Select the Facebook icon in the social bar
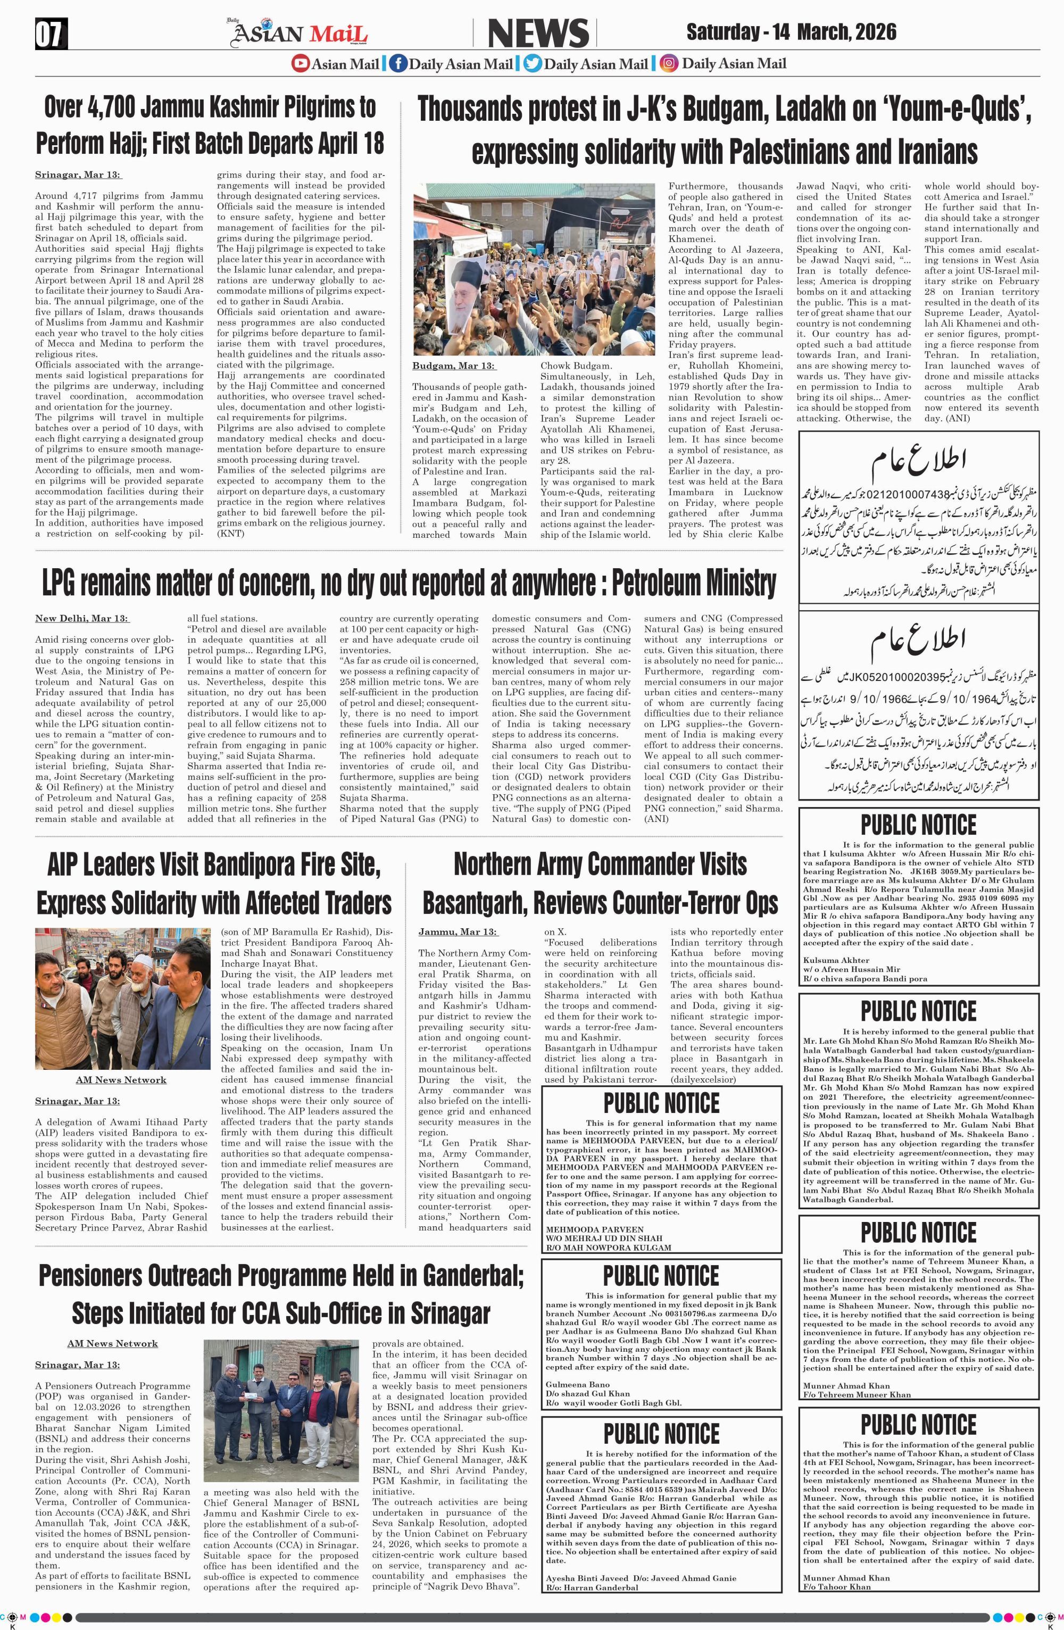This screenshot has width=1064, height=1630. click(397, 64)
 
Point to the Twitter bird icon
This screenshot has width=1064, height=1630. click(532, 64)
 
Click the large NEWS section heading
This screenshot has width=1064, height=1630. click(538, 34)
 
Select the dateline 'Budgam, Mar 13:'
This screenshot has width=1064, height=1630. click(453, 367)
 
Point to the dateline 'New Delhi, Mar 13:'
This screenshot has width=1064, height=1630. click(82, 619)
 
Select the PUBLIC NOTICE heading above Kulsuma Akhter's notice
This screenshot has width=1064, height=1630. click(918, 825)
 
